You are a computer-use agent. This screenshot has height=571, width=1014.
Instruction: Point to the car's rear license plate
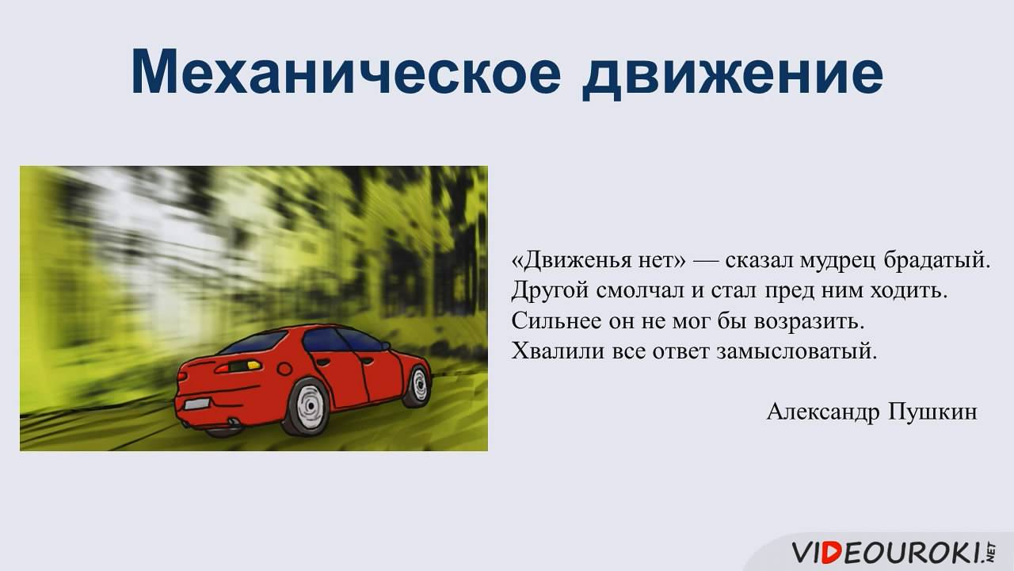(196, 404)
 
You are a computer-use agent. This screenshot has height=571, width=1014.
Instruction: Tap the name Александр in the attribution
(822, 412)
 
